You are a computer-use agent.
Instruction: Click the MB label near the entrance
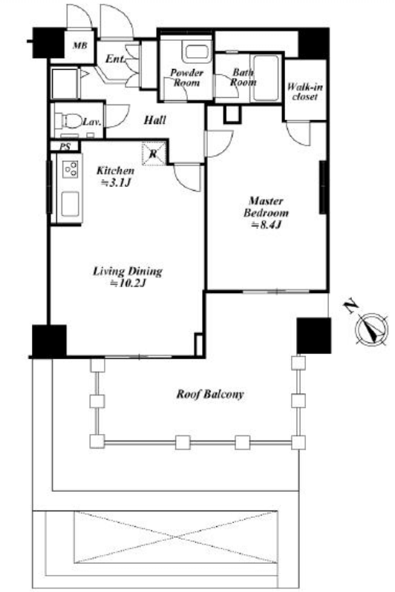pos(79,46)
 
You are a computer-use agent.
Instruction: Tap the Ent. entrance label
pos(114,59)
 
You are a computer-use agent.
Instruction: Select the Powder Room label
pos(186,77)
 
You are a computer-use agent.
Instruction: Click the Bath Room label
pos(243,77)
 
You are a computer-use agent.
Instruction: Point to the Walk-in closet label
pos(304,92)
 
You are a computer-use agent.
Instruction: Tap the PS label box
pos(65,146)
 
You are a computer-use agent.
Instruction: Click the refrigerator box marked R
pos(154,154)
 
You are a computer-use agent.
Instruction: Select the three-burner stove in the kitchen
pos(71,169)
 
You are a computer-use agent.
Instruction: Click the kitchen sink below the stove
pos(71,204)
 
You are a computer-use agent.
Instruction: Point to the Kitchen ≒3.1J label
pos(115,177)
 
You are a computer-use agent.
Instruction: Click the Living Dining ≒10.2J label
pos(128,277)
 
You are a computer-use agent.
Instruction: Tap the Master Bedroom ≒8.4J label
pos(266,213)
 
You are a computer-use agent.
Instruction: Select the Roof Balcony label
pos(210,395)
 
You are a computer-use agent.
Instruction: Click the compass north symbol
pos(371,329)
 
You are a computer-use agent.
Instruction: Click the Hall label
pos(155,120)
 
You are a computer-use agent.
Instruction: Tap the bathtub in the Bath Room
pos(267,79)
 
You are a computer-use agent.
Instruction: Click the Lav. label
pos(92,122)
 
